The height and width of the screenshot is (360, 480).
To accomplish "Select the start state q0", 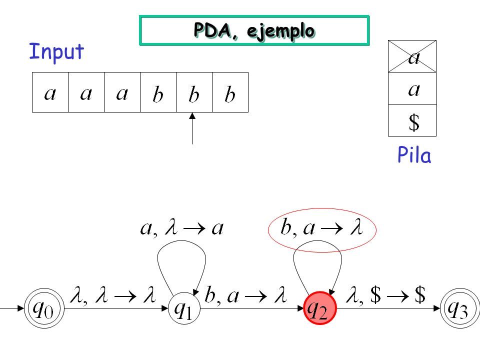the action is coord(44,308).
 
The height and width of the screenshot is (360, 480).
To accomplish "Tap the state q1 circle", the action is coord(184,308).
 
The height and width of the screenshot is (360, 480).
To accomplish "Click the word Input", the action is coord(56,51).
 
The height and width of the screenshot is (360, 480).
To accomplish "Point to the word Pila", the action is coord(414,155).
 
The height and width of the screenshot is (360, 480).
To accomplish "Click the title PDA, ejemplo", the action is coord(254,30).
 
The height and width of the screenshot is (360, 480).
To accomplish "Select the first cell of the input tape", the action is coord(50,92).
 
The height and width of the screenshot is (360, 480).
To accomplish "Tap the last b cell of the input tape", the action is coord(230,92).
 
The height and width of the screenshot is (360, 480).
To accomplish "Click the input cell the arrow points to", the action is coord(194,92).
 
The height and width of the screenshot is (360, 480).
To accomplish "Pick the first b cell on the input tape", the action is coord(158,92).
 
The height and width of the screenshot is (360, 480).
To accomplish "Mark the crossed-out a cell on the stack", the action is coord(412,56).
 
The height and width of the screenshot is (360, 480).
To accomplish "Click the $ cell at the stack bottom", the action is coord(412,120).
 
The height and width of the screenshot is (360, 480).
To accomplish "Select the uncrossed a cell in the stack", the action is coord(412,88).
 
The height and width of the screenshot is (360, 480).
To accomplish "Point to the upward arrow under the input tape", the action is coord(192,128).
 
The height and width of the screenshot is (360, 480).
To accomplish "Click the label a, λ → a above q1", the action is coord(182,228).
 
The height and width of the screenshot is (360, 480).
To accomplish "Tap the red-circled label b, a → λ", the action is coord(321,228).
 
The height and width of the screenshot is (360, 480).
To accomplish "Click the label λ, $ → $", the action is coord(385,295).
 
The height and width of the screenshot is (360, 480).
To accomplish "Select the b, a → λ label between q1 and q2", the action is coord(246,295).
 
